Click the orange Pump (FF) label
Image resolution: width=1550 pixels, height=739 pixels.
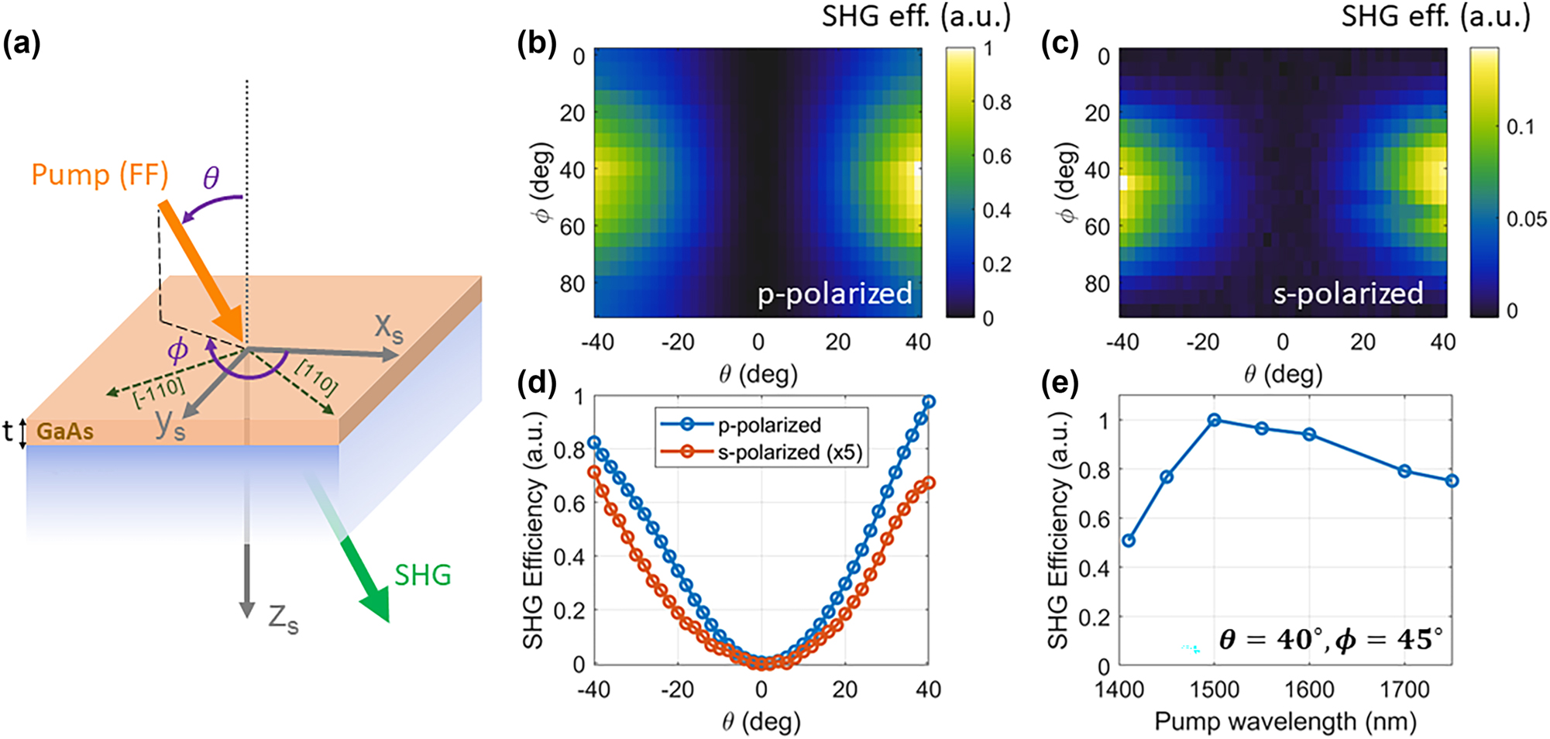coord(100,175)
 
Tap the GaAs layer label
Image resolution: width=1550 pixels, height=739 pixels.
coord(65,431)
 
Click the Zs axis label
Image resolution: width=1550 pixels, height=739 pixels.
coord(283,619)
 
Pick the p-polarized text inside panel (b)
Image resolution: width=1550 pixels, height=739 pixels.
coord(834,294)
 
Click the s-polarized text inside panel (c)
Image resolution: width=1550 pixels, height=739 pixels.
coord(1348,294)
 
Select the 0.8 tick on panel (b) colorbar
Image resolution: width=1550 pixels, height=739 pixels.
coord(997,102)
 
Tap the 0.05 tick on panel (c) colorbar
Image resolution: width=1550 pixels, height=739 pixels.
coord(1527,219)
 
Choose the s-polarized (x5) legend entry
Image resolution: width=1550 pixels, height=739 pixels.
coord(790,452)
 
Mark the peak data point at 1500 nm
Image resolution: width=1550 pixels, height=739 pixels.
coord(1214,420)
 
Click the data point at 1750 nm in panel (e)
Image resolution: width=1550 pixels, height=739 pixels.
coord(1452,481)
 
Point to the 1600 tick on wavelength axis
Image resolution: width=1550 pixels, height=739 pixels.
coord(1309,689)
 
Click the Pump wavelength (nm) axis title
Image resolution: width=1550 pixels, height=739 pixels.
coord(1285,721)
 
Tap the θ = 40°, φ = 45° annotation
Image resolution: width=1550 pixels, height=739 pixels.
coord(1330,640)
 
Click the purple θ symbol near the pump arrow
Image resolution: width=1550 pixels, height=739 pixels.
coord(211,178)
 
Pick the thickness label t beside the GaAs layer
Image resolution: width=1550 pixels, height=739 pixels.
coord(8,431)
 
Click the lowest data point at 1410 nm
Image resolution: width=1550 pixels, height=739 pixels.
coord(1129,540)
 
